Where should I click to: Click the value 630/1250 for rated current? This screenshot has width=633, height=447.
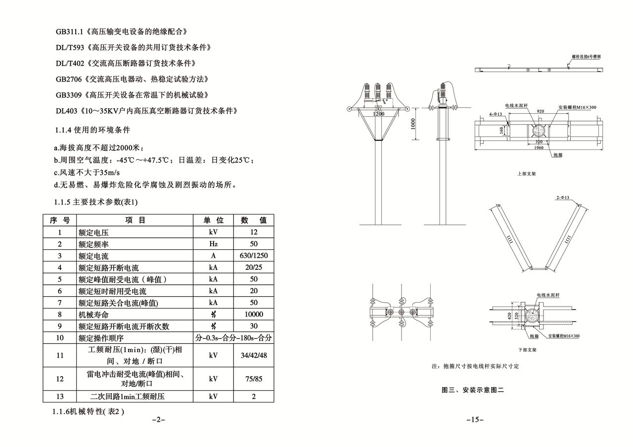pyautogui.click(x=254, y=256)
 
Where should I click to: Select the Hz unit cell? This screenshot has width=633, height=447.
pyautogui.click(x=213, y=244)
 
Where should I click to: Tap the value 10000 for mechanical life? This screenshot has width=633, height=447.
pyautogui.click(x=254, y=314)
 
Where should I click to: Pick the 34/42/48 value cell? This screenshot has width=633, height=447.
pyautogui.click(x=254, y=355)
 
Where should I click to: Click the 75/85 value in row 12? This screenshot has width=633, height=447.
pyautogui.click(x=254, y=379)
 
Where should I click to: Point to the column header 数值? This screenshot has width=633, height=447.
pyautogui.click(x=254, y=220)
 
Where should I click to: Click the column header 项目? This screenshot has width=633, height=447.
pyautogui.click(x=135, y=220)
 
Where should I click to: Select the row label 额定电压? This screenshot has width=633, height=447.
pyautogui.click(x=93, y=232)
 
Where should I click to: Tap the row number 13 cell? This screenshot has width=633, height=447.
pyautogui.click(x=60, y=397)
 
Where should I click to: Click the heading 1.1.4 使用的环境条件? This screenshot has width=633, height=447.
pyautogui.click(x=92, y=130)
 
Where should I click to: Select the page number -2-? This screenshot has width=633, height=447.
pyautogui.click(x=158, y=420)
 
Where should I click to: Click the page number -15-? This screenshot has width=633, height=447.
pyautogui.click(x=475, y=420)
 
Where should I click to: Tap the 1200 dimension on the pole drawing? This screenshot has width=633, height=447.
pyautogui.click(x=378, y=114)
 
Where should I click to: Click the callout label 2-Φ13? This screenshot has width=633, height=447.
pyautogui.click(x=562, y=198)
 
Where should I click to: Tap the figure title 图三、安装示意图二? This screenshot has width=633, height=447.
pyautogui.click(x=472, y=390)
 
